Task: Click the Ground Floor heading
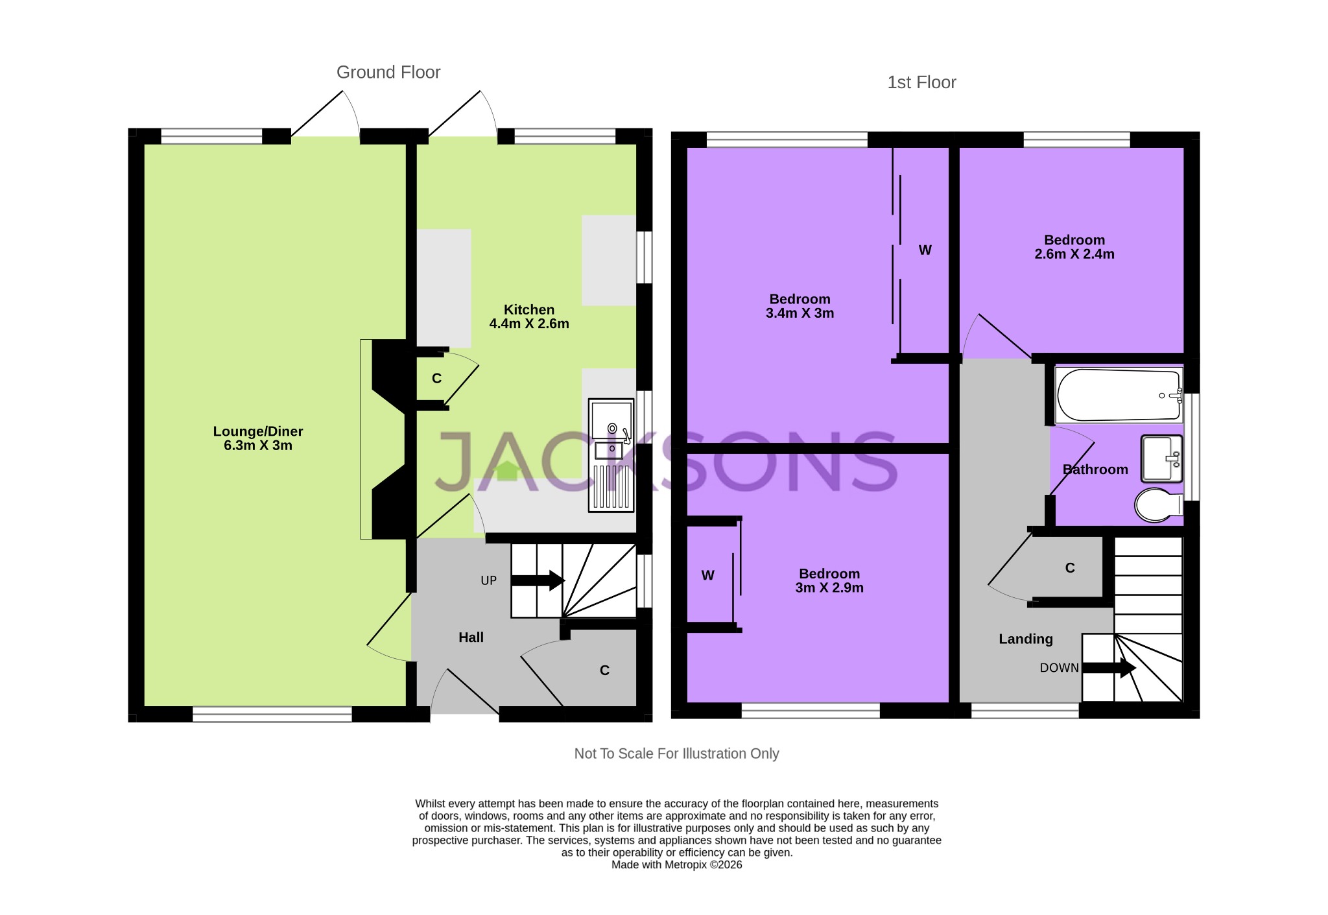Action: point(388,72)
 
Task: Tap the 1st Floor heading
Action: point(921,82)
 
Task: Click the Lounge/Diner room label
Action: point(258,438)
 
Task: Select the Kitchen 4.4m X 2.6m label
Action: point(529,316)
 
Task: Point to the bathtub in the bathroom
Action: point(1118,395)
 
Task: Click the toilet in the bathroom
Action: point(1158,505)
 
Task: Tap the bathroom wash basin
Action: point(1161,458)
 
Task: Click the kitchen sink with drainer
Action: point(611,455)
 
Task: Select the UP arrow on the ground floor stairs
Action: point(538,580)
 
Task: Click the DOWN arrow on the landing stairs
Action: point(1109,668)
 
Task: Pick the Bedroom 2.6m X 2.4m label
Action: point(1074,247)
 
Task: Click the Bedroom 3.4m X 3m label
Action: point(800,306)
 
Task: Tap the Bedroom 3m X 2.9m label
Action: point(829,580)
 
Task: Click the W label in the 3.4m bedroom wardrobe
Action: point(925,250)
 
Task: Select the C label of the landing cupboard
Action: point(1070,568)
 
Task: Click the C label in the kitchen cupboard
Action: point(436,379)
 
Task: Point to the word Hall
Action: point(471,637)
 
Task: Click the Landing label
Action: point(1025,639)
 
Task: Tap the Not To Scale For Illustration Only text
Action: point(676,754)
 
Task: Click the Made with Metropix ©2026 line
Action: point(676,864)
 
